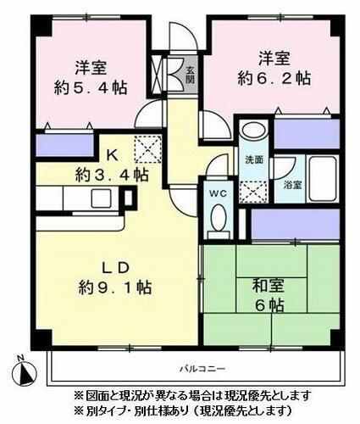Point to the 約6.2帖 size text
(272, 77)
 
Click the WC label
(217, 192)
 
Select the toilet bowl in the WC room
(217, 219)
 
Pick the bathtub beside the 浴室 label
(321, 176)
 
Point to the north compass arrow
(28, 370)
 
